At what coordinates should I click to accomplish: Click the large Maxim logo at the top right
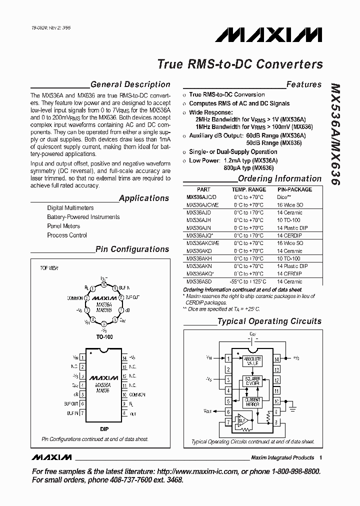268,34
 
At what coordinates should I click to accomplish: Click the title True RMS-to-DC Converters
240,64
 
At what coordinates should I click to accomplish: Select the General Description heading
130,84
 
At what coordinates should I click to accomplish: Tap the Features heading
303,84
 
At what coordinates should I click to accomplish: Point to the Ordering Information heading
279,178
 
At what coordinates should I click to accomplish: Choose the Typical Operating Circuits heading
269,321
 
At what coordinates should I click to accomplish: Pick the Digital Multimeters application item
70,208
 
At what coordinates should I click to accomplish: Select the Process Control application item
67,235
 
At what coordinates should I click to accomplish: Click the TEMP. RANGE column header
248,190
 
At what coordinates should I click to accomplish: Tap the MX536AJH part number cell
198,220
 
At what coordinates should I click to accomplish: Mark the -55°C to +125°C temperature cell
248,282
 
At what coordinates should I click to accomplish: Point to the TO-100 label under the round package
104,337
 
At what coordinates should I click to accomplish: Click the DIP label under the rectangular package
104,429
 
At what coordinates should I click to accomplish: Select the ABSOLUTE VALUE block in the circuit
252,361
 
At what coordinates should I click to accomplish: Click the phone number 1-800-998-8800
293,471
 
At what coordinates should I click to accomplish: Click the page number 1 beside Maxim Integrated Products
320,457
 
